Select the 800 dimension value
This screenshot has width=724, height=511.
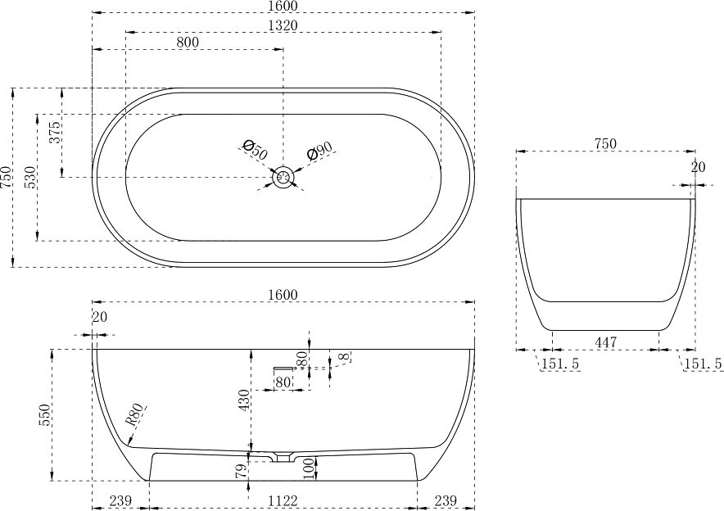[x=188, y=42]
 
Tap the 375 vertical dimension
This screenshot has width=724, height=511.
[x=55, y=132]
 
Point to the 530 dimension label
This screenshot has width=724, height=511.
[x=30, y=177]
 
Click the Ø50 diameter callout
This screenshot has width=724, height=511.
[x=254, y=149]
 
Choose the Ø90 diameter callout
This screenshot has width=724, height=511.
[x=319, y=151]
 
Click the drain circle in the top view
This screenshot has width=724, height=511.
[x=283, y=177]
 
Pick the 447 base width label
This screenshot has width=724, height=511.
[x=605, y=342]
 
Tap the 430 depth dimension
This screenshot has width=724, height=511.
[x=245, y=400]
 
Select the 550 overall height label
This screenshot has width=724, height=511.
[x=45, y=415]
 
